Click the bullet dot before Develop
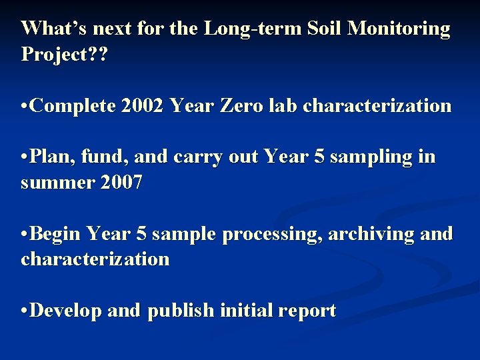[25, 311]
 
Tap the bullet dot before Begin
[25, 234]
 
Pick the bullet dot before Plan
[25, 157]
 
